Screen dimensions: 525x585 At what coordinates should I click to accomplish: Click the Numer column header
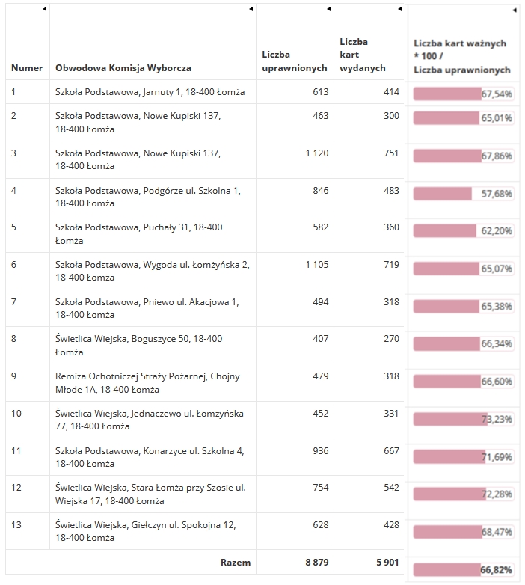pyautogui.click(x=27, y=68)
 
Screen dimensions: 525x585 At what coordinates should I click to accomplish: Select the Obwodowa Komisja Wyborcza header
pyautogui.click(x=123, y=68)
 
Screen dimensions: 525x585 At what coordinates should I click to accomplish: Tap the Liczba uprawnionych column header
pyautogui.click(x=295, y=61)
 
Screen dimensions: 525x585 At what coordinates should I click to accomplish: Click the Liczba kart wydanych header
pyautogui.click(x=363, y=55)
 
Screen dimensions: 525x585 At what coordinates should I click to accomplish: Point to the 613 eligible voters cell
pyautogui.click(x=321, y=92)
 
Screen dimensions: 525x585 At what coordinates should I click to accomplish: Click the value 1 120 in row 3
pyautogui.click(x=317, y=153)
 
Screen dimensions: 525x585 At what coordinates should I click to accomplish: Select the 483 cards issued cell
pyautogui.click(x=392, y=190)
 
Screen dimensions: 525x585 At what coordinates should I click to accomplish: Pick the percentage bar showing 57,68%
pyautogui.click(x=464, y=194)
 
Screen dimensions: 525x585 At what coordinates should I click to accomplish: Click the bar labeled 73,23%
pyautogui.click(x=464, y=419)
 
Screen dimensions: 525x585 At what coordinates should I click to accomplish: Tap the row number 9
pyautogui.click(x=13, y=376)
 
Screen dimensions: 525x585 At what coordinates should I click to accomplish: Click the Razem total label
pyautogui.click(x=236, y=563)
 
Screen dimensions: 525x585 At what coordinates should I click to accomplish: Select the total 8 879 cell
pyautogui.click(x=317, y=563)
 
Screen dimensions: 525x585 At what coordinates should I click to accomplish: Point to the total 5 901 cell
pyautogui.click(x=388, y=563)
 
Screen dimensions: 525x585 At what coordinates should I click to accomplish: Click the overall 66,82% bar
pyautogui.click(x=464, y=570)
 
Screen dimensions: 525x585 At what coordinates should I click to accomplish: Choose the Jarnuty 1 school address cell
pyautogui.click(x=150, y=92)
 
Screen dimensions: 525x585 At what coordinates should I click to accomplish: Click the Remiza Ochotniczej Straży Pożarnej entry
pyautogui.click(x=147, y=383)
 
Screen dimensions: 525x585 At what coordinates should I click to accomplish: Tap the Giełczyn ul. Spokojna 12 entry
pyautogui.click(x=145, y=531)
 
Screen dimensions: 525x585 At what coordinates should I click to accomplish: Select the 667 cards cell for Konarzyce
pyautogui.click(x=392, y=450)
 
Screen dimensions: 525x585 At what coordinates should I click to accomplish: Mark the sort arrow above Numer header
pyautogui.click(x=44, y=9)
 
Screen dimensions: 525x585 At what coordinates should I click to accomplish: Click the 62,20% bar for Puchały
pyautogui.click(x=464, y=231)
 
